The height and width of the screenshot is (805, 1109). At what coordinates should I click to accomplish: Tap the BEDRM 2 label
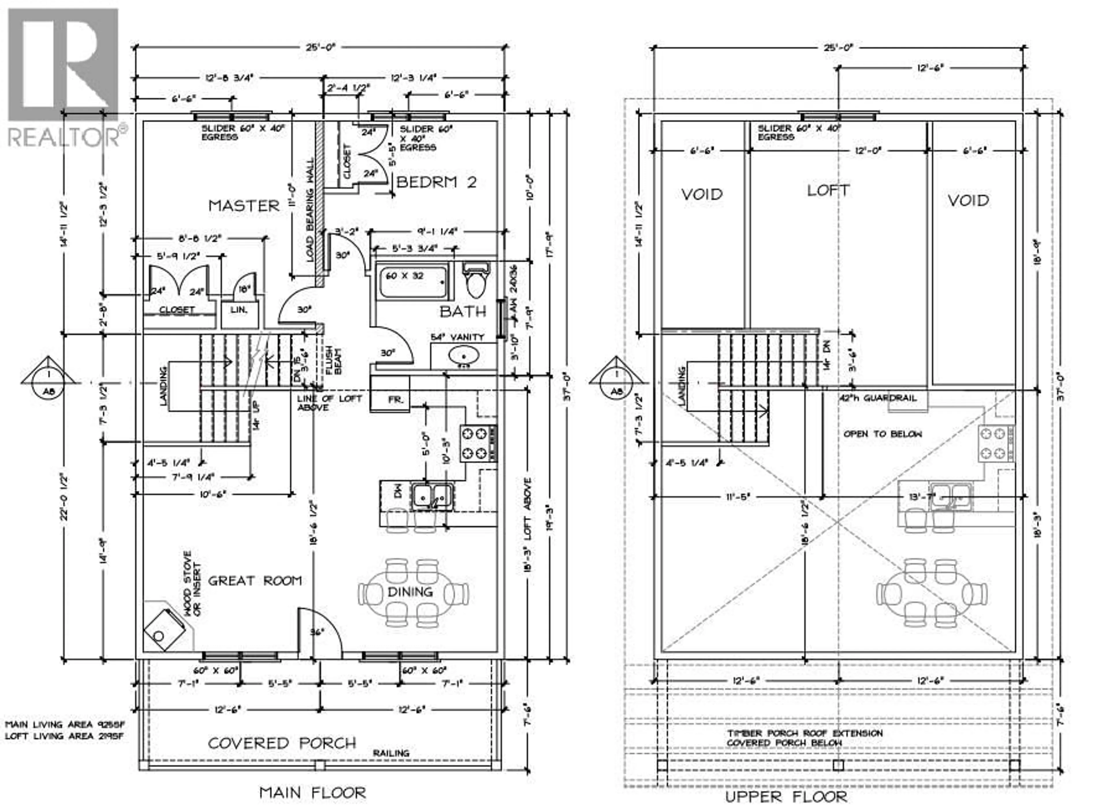[x=436, y=182]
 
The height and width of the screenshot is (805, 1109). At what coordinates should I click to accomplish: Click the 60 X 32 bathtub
[x=413, y=282]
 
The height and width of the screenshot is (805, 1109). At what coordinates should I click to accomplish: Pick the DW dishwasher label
[x=398, y=491]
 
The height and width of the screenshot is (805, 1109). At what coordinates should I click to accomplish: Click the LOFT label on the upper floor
[x=828, y=190]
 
